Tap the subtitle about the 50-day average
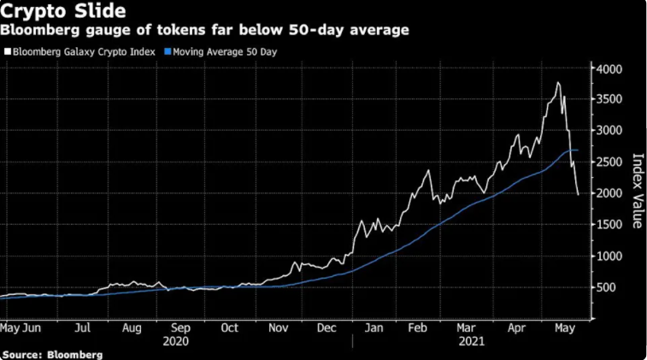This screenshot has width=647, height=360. pos(204,31)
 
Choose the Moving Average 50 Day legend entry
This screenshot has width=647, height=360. pos(224,52)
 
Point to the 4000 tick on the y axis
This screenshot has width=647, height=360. pos(609,68)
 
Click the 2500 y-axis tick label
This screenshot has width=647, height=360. pos(609,162)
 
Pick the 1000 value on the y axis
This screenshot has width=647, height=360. pos(609,256)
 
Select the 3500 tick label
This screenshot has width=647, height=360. pos(609,99)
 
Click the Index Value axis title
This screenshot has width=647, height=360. pos(636,191)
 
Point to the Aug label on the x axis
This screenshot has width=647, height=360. pos(131,327)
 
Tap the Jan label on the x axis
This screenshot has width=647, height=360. pos(373,327)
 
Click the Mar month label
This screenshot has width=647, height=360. pos(467,327)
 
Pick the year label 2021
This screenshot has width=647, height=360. pos(472,340)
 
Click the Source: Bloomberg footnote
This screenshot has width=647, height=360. pos(52,354)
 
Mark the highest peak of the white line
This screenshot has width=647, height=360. pos(558,83)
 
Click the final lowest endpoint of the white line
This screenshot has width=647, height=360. pos(578,195)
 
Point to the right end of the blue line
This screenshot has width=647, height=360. pos(579,150)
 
